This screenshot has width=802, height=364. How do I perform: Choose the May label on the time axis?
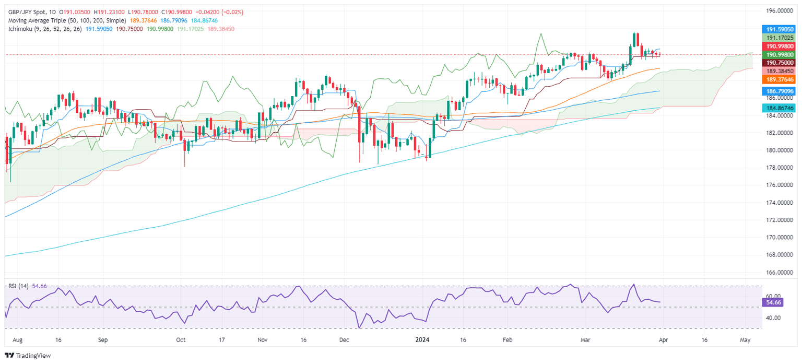click(745, 339)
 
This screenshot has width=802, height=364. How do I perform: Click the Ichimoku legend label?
click(20, 29)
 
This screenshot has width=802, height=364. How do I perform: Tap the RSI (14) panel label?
click(18, 286)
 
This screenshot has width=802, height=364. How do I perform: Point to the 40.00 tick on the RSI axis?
click(772, 318)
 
